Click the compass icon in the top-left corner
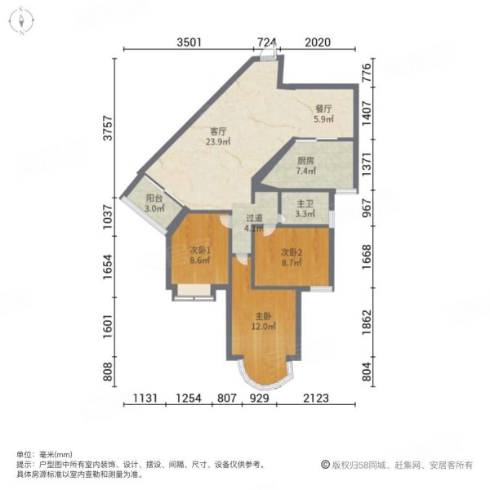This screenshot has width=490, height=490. [22, 18]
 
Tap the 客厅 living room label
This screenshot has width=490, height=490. [217, 130]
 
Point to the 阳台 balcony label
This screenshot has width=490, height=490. [154, 198]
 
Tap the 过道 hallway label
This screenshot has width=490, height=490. [255, 219]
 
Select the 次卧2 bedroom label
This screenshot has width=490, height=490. [292, 253]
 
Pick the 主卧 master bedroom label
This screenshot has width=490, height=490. [263, 316]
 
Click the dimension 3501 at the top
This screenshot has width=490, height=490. [187, 43]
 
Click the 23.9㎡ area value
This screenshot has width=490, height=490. [217, 140]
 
